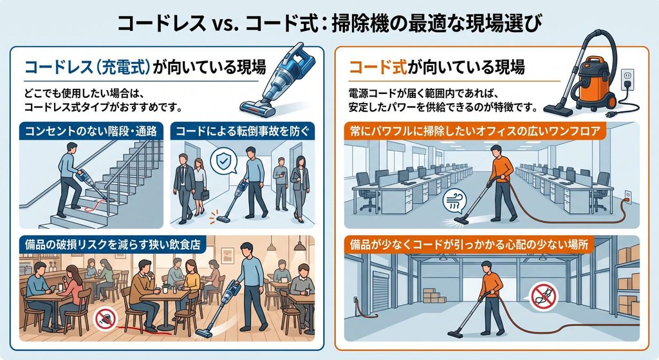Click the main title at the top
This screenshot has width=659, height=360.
point(329,23)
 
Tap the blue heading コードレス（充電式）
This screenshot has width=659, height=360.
point(88,67)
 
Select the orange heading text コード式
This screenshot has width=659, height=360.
point(377,67)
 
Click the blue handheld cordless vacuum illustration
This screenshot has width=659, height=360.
point(277,79)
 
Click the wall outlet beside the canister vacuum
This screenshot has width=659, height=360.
point(627,78)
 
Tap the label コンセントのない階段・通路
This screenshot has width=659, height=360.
point(91,131)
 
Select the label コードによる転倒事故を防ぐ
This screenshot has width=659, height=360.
point(242,131)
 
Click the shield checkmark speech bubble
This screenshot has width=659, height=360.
point(223,160)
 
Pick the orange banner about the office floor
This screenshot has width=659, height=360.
point(475,131)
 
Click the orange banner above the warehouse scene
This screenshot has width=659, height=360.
point(469,244)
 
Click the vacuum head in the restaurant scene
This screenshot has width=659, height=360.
point(204,333)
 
